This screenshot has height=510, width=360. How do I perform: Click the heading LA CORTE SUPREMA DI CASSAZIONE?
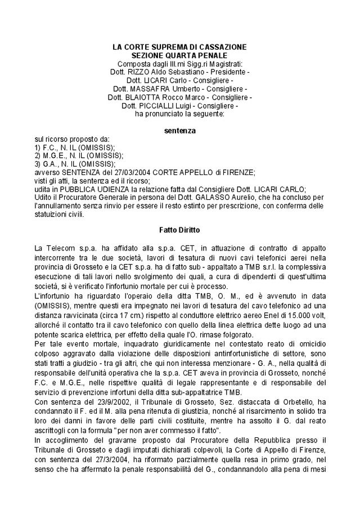click(179, 47)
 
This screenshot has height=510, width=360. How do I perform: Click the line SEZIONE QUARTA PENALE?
click(179, 55)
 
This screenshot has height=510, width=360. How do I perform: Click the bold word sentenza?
click(180, 130)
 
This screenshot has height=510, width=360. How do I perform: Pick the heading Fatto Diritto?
click(180, 229)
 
